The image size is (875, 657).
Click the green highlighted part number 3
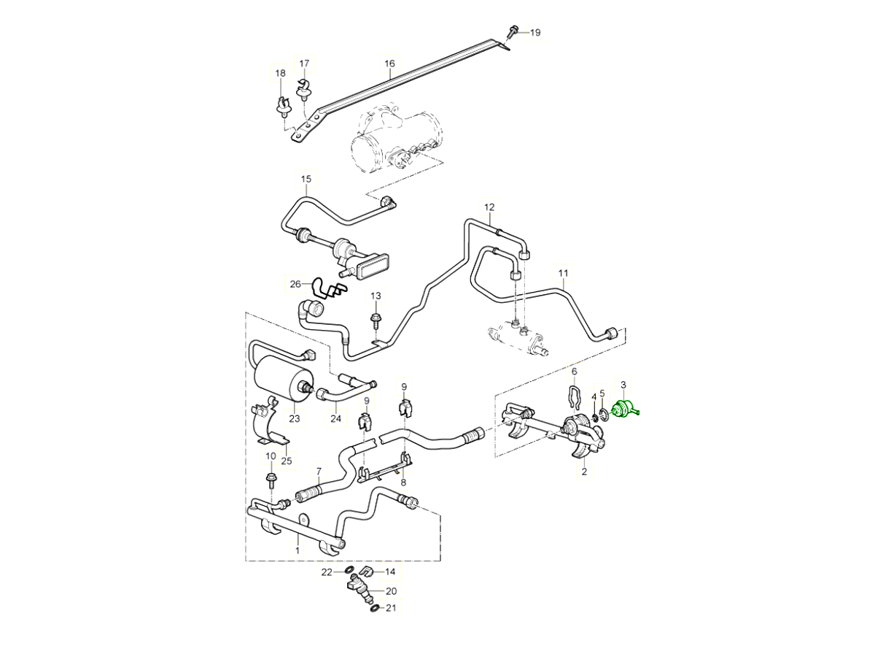[625, 410]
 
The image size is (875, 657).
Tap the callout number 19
[534, 32]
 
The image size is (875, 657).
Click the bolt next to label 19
[512, 32]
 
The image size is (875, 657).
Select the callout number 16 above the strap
[389, 64]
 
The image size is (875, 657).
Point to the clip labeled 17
[304, 86]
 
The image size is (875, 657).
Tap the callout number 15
[306, 179]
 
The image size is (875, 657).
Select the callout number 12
[489, 207]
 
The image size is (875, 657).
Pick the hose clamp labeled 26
[326, 289]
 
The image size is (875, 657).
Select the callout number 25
[286, 461]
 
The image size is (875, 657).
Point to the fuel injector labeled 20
[360, 590]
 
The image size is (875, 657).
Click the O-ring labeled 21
[374, 607]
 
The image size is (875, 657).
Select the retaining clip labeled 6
[574, 398]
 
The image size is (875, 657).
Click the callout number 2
[583, 472]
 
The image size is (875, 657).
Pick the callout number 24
[335, 419]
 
